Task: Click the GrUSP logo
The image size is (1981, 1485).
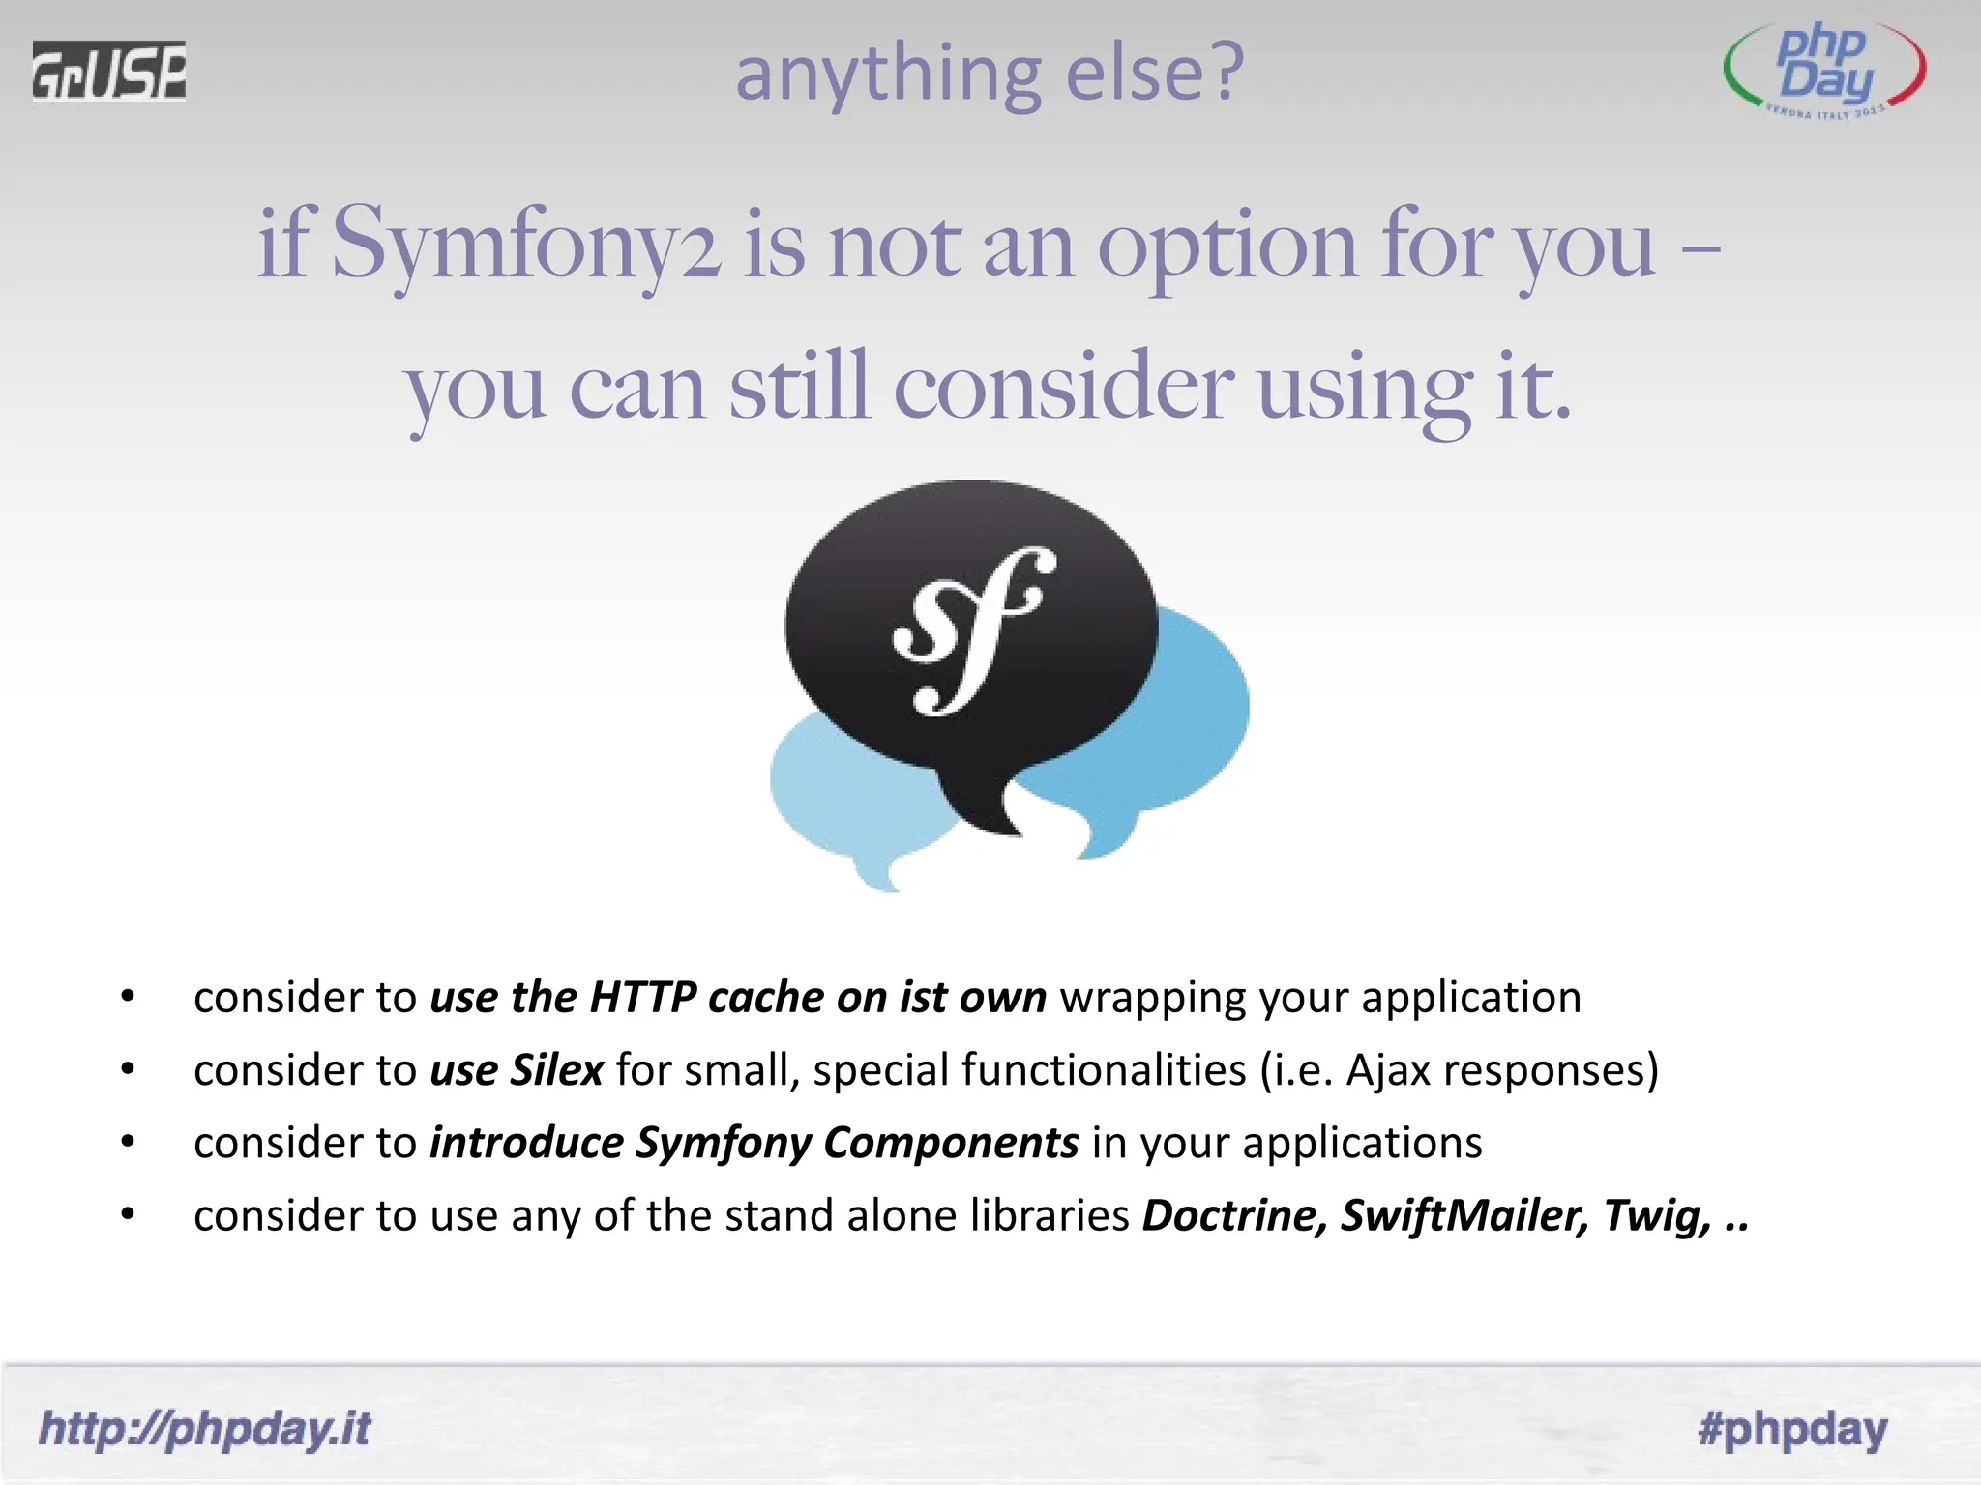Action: tap(108, 71)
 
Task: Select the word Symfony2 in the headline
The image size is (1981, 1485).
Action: tap(527, 247)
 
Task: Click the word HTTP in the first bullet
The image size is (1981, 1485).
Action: tap(642, 997)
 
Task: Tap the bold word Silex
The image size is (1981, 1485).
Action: tap(557, 1070)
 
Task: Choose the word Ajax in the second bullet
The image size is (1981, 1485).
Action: tap(1388, 1070)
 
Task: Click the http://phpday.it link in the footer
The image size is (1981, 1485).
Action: tap(204, 1429)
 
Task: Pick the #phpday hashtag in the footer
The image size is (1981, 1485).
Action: tap(1792, 1429)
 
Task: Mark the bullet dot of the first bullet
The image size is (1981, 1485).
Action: tap(128, 997)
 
